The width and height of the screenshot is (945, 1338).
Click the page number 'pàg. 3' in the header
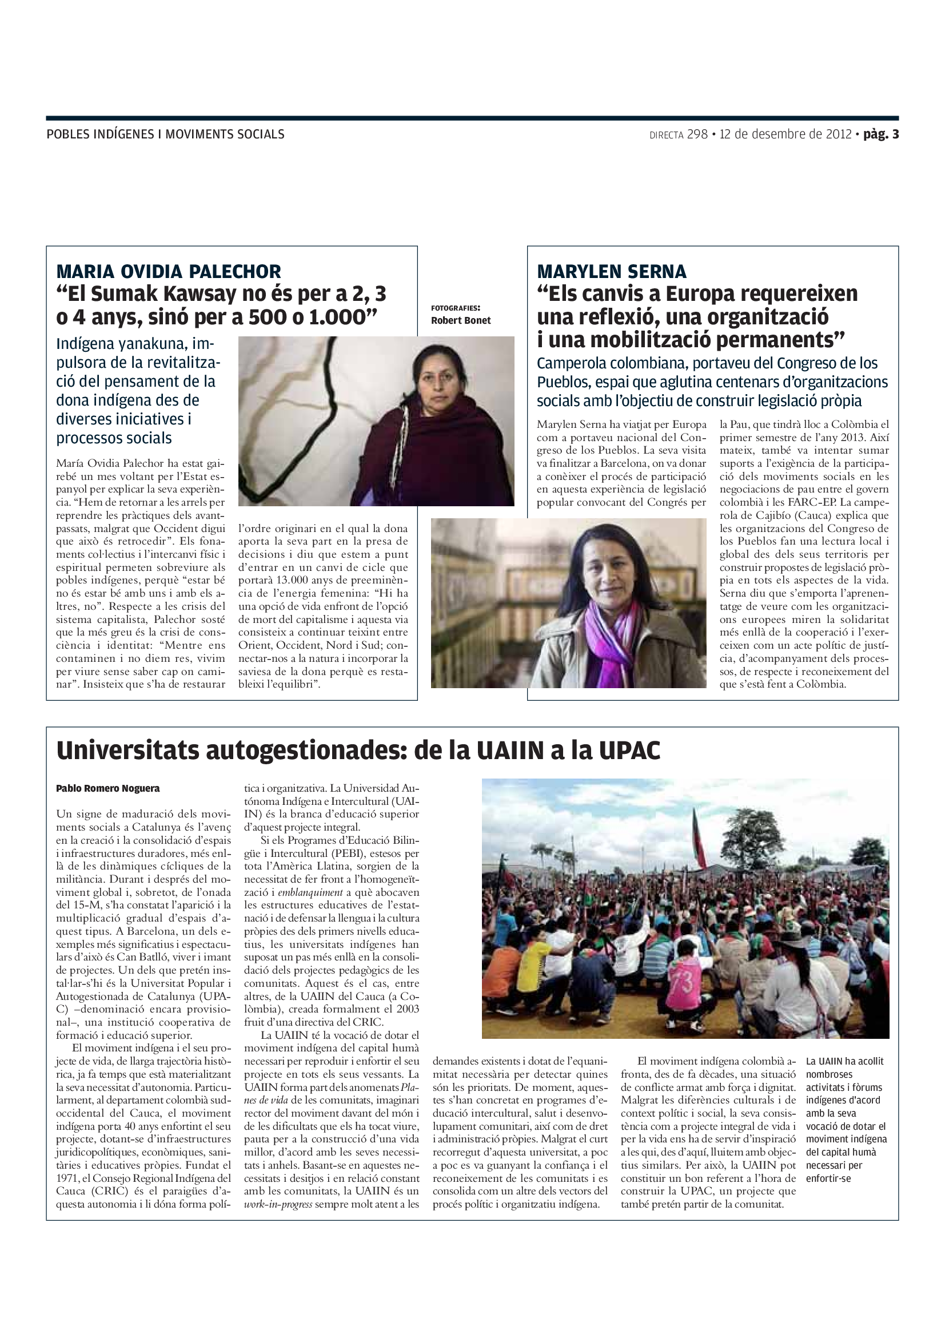coord(880,134)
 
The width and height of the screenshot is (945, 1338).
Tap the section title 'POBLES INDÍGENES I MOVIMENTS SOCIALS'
coord(165,134)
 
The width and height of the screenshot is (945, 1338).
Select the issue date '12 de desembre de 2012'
coord(785,134)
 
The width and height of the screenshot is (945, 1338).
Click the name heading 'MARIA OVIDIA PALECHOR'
coord(168,272)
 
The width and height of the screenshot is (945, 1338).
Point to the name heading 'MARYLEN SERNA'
coord(611,272)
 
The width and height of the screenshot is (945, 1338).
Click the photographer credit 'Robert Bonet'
coord(461,320)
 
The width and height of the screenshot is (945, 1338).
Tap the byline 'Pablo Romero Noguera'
coord(107,788)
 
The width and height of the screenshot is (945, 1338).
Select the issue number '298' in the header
coord(697,134)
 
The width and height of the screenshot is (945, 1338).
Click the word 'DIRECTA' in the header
coord(666,135)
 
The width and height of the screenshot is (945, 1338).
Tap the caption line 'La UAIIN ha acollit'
coord(844,1061)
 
